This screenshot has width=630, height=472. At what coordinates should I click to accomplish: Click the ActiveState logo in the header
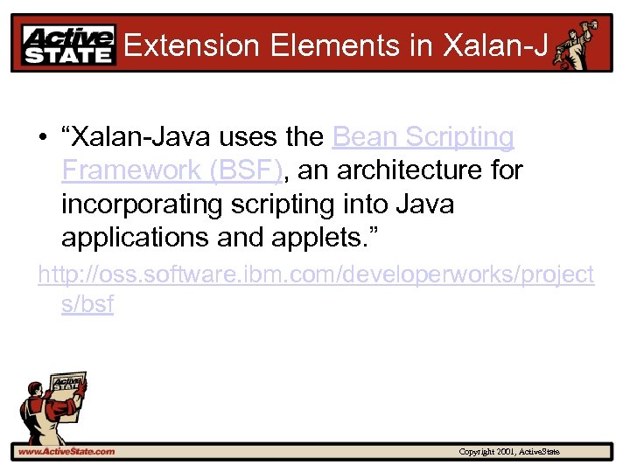click(x=68, y=45)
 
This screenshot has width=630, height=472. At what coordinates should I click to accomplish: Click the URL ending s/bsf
click(x=87, y=305)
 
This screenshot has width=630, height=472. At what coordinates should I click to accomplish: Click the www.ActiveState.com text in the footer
click(x=66, y=451)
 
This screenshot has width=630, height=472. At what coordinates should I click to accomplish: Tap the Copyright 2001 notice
click(x=509, y=451)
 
